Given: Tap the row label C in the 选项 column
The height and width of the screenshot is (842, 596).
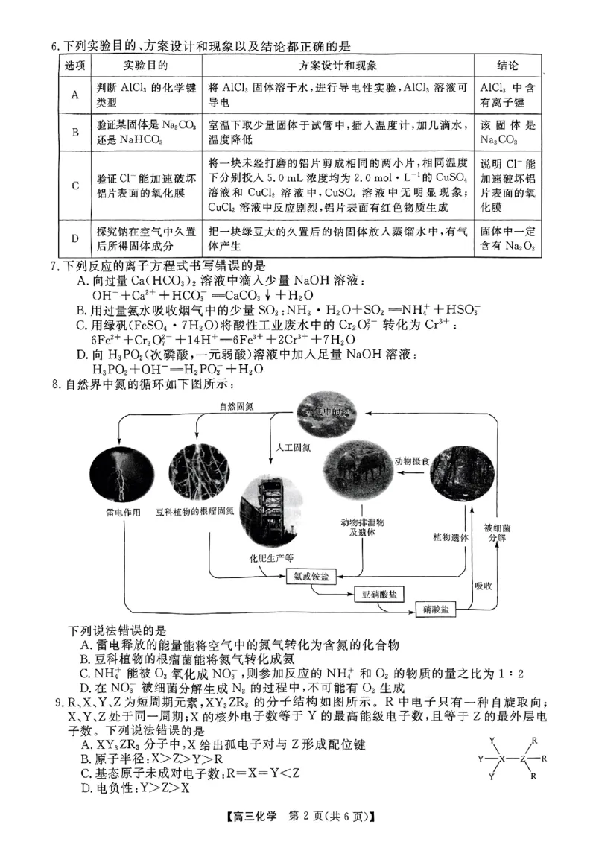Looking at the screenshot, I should point(75,186).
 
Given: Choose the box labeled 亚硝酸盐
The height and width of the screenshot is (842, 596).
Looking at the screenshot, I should point(377,594).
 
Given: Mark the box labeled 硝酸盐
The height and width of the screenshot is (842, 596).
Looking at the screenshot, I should point(435,610).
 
